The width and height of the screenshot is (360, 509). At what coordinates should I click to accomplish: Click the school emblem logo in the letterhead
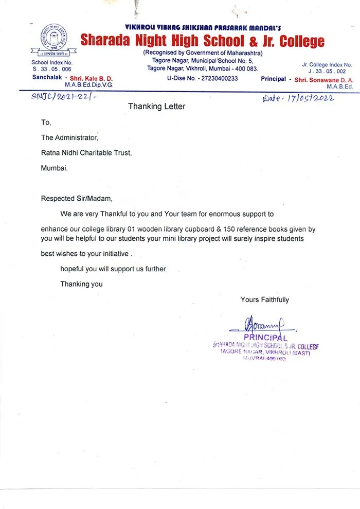pos(55,39)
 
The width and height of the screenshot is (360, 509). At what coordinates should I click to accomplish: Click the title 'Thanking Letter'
pos(156,107)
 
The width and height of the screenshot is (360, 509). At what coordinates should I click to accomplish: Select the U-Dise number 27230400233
pos(203,78)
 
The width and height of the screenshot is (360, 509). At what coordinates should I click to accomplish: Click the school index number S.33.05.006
pos(51,69)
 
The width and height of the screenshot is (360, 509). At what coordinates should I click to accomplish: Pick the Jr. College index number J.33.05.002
pos(327,72)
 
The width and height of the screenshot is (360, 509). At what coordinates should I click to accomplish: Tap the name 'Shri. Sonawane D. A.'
pos(324,80)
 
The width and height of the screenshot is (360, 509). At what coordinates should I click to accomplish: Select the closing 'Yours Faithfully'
pos(264,300)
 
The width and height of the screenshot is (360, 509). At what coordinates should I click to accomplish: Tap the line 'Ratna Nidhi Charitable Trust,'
pos(86,152)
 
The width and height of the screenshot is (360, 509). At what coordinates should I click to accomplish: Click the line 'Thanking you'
pos(81,284)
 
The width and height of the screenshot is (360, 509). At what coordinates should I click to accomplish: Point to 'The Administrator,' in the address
pos(69,137)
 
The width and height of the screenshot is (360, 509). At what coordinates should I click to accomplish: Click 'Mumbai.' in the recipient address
pos(54,168)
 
